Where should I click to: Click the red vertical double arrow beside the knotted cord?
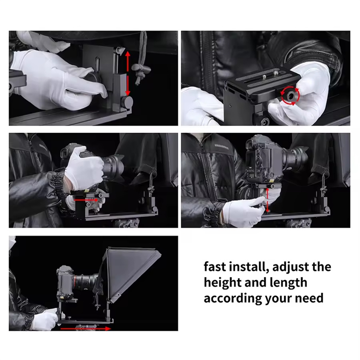point(128,73)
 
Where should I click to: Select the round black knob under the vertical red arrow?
point(127,102)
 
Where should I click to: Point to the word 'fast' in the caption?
point(215,266)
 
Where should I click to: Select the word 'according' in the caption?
point(232,298)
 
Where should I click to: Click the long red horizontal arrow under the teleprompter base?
point(85,328)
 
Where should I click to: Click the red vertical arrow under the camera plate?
point(267,200)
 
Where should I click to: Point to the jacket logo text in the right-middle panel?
point(221,145)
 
